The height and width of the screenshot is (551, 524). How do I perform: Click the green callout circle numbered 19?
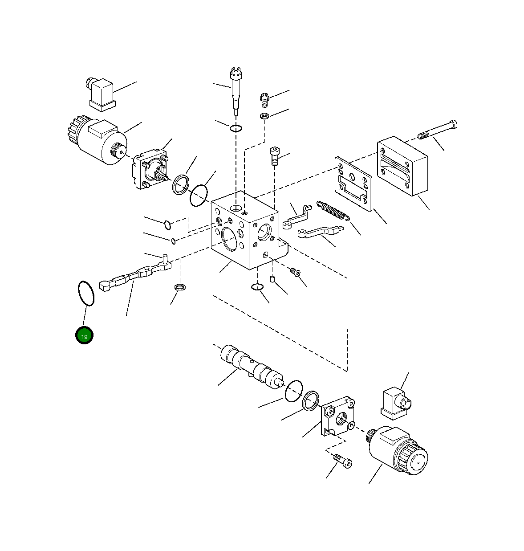coord(84,336)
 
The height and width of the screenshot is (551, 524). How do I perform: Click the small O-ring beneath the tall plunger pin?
coord(236,129)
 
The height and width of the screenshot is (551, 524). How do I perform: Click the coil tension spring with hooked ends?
coord(333,210)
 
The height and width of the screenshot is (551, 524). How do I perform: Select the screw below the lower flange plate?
coord(343,461)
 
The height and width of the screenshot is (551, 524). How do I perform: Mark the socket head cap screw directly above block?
coord(274,156)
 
